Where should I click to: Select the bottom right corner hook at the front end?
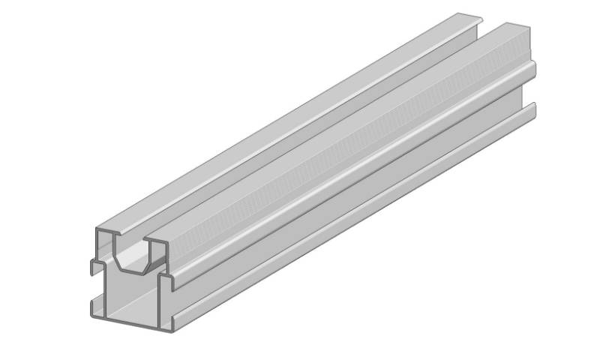(169, 325)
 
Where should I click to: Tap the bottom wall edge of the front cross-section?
(127, 322)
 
